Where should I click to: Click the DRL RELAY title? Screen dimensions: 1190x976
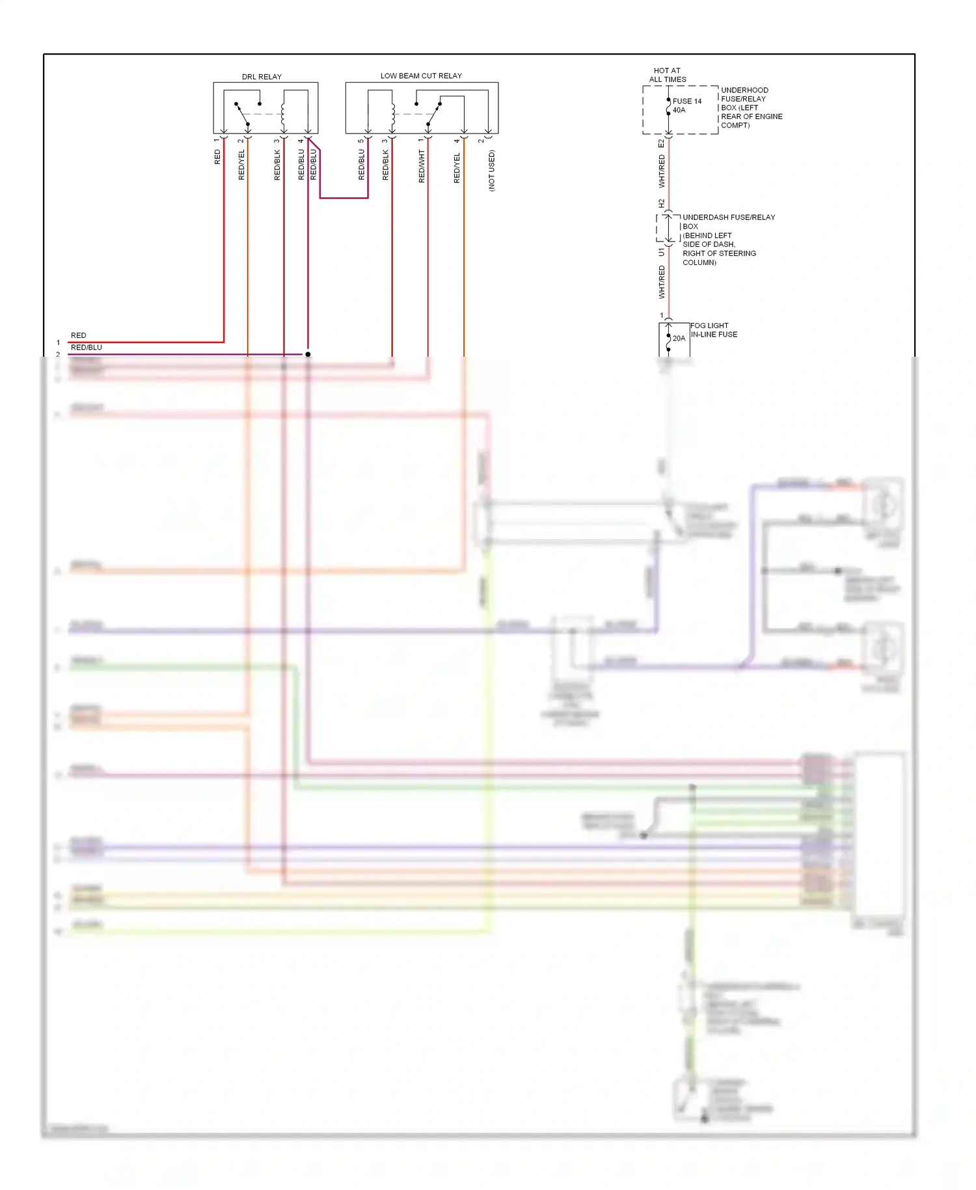[x=262, y=77]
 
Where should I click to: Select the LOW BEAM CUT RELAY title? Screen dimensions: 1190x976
[x=421, y=76]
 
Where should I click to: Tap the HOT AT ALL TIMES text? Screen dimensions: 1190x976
[x=667, y=75]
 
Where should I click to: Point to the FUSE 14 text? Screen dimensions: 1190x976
[x=687, y=101]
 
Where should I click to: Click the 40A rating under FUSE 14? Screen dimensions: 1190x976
[x=679, y=110]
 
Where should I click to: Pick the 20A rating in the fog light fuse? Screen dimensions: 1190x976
[x=679, y=339]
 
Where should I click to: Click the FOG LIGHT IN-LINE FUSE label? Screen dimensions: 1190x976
[x=714, y=330]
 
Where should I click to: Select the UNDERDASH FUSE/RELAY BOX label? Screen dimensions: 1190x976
[x=728, y=222]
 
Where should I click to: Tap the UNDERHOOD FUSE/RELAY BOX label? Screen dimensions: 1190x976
[x=751, y=107]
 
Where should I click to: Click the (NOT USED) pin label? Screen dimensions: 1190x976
[x=491, y=171]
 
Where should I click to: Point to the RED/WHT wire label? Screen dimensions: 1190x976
[x=422, y=166]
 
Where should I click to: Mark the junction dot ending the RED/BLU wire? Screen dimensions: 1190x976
[x=308, y=354]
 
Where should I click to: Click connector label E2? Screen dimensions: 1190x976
[x=661, y=143]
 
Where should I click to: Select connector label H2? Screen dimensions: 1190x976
[x=661, y=203]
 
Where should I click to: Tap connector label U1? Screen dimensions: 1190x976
[x=661, y=251]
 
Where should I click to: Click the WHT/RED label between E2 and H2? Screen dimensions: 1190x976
[x=662, y=171]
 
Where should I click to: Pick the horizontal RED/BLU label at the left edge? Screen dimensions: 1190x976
[x=86, y=348]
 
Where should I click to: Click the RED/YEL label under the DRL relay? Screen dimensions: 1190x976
[x=241, y=165]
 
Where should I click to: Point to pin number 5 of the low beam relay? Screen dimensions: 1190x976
[x=361, y=141]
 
